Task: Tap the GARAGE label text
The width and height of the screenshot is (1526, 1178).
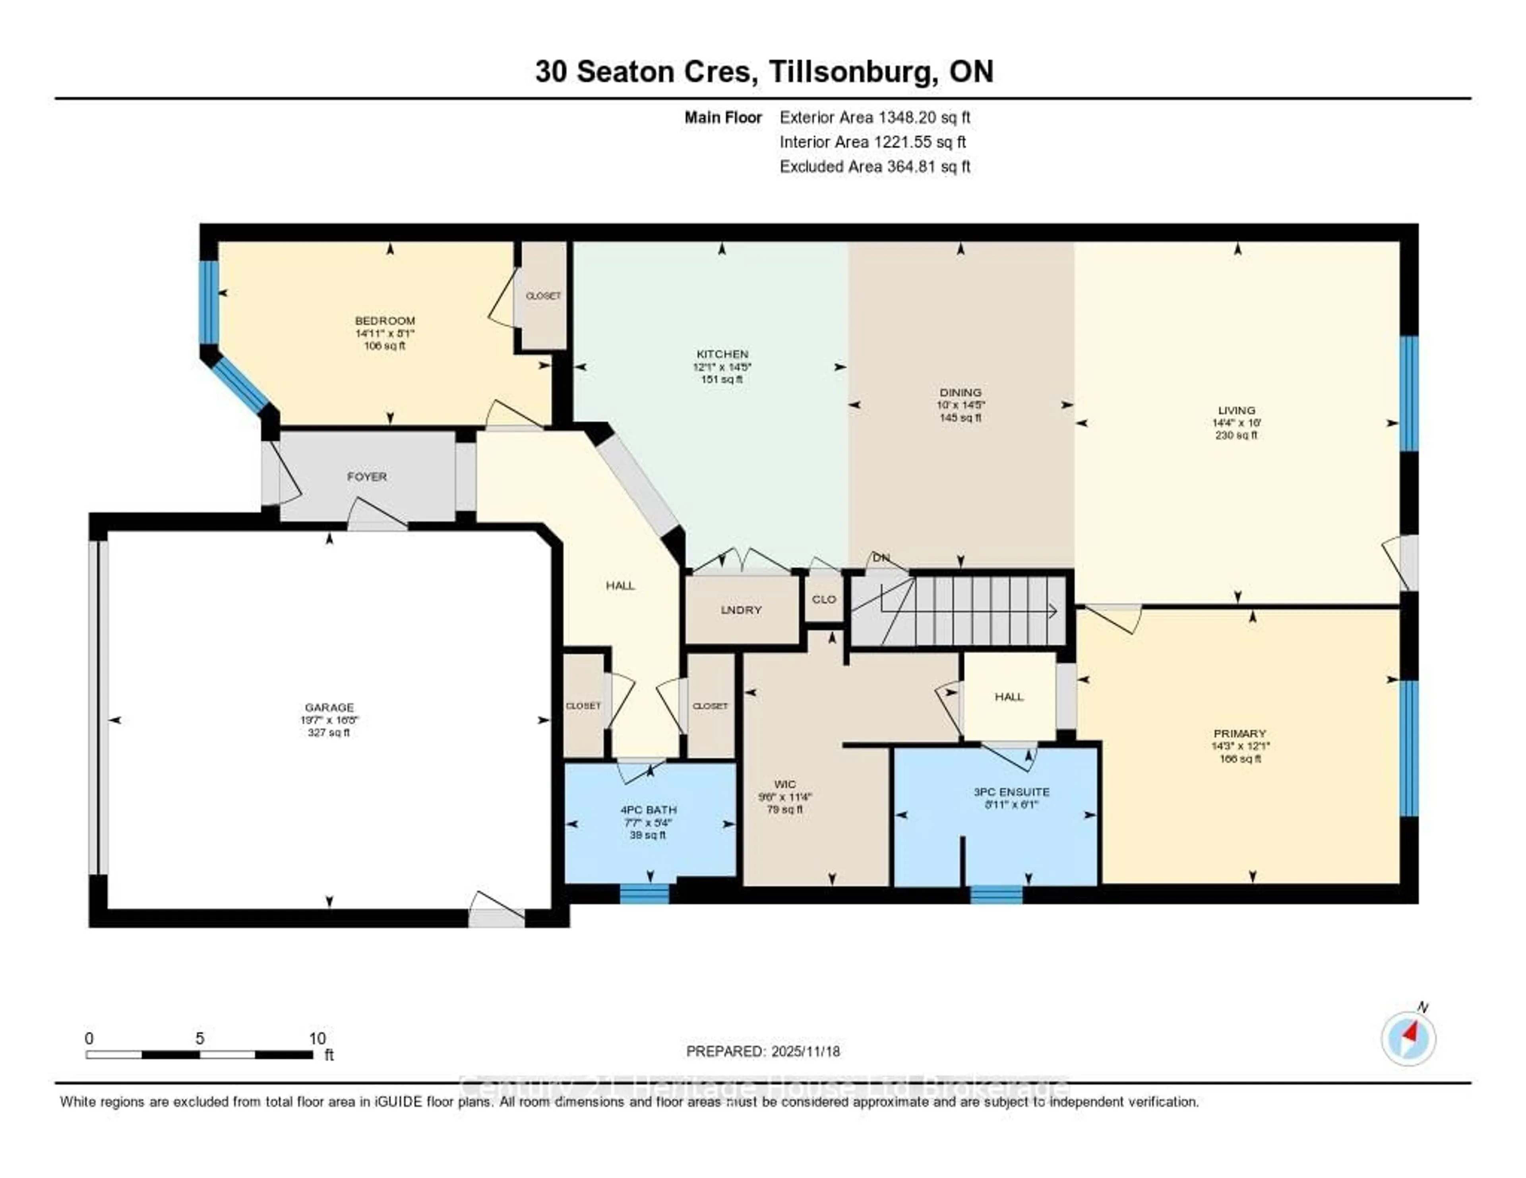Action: pos(329,707)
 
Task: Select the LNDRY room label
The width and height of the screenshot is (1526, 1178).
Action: pos(741,610)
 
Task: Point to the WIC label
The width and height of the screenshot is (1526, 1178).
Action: pos(785,784)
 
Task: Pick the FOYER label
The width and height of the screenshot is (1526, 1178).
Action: pos(367,476)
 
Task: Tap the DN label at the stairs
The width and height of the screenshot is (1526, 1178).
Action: pos(881,557)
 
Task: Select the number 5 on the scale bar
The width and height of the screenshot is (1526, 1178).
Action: pos(200,1038)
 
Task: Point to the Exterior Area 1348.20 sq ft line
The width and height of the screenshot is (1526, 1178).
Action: pos(875,117)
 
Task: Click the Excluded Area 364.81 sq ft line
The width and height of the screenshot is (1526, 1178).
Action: pos(875,166)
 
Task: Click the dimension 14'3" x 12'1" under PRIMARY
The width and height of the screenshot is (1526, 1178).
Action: pos(1240,746)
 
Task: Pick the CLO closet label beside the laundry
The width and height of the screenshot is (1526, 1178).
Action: pos(824,599)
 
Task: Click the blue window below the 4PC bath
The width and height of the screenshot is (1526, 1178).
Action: pos(644,893)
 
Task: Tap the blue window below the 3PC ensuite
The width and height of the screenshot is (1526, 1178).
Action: pos(995,894)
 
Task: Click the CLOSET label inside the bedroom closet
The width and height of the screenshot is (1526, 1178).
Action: pos(543,295)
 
